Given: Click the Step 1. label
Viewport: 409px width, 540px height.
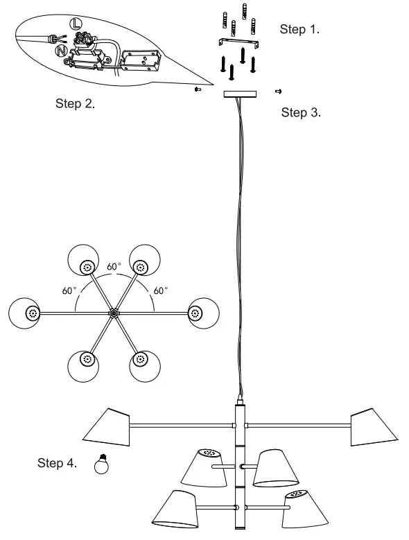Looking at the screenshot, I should [300, 29].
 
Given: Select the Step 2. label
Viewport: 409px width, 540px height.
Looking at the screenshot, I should [75, 104].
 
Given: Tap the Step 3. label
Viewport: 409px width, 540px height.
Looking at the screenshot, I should [301, 112].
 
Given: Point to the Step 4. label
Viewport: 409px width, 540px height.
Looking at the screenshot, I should [58, 463].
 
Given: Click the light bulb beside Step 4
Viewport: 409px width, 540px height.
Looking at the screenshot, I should [102, 464].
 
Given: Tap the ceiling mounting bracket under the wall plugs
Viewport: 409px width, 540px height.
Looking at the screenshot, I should [238, 44].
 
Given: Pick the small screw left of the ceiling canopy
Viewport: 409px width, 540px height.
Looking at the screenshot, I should [198, 89].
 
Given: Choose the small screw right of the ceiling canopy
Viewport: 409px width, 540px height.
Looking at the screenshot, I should [278, 91].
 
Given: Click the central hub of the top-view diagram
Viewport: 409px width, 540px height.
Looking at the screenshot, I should [113, 313].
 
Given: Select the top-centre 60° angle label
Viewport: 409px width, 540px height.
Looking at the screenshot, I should [114, 266].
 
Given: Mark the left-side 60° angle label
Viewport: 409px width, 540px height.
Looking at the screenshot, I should [69, 291].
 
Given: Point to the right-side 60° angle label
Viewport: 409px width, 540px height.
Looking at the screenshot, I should [160, 291].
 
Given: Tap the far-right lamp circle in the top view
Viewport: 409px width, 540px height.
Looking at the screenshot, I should [202, 313].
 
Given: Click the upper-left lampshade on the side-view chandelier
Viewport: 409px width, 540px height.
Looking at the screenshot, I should [107, 425].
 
